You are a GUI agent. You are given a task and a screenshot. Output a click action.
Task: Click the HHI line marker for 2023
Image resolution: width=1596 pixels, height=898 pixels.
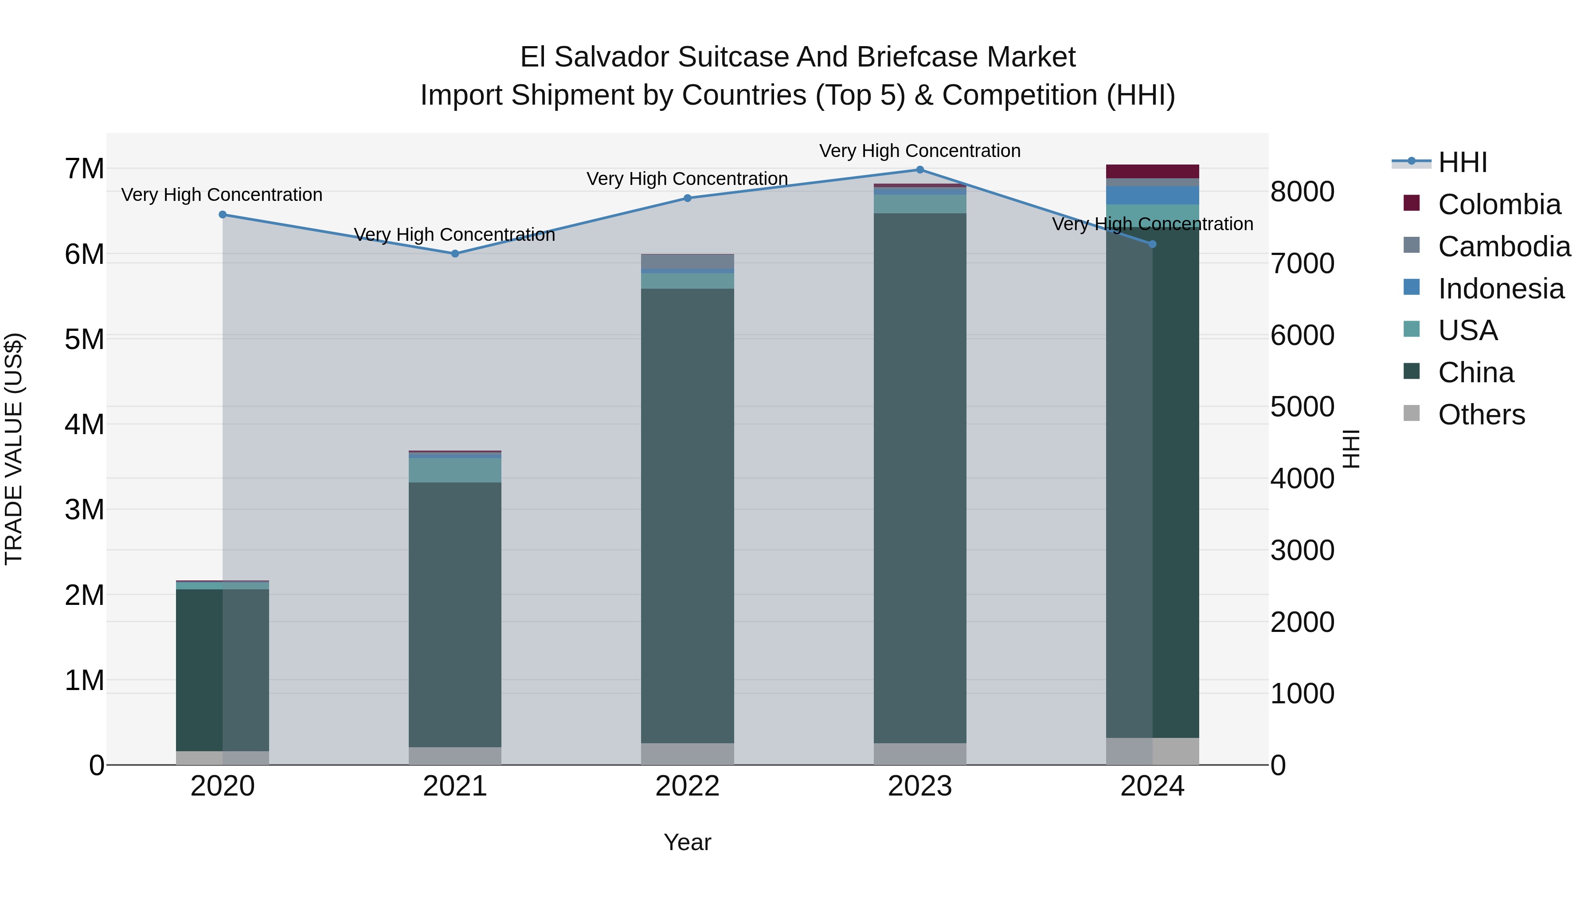pyautogui.click(x=919, y=170)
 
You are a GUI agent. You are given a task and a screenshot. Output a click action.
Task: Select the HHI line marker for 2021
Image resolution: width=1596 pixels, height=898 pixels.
pyautogui.click(x=455, y=254)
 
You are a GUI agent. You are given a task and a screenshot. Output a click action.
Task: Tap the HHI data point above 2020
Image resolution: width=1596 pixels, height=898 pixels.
pyautogui.click(x=223, y=215)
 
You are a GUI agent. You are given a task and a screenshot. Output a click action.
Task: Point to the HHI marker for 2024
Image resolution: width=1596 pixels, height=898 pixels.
pyautogui.click(x=1152, y=244)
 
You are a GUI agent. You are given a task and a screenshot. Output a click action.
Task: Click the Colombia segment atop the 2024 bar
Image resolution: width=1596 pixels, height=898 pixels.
pyautogui.click(x=1152, y=172)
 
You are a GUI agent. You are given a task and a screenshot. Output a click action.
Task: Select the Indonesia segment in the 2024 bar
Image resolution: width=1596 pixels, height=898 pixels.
pyautogui.click(x=1152, y=195)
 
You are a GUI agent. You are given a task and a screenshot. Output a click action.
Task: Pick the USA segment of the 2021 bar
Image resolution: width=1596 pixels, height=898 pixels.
pyautogui.click(x=455, y=470)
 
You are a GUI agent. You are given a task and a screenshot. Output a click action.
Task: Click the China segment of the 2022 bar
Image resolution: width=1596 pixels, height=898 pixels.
pyautogui.click(x=687, y=514)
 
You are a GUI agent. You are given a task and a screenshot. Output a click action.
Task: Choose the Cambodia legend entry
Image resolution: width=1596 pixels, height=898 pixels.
pyautogui.click(x=1504, y=247)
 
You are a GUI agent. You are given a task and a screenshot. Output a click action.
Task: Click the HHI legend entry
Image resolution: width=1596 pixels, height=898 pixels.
pyautogui.click(x=1462, y=162)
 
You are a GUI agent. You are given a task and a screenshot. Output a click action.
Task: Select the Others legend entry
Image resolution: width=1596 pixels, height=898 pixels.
pyautogui.click(x=1481, y=415)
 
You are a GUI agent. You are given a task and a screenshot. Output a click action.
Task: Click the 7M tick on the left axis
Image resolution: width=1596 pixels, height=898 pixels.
pyautogui.click(x=84, y=169)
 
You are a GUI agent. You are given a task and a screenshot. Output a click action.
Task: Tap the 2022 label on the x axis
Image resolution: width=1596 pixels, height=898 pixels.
pyautogui.click(x=687, y=786)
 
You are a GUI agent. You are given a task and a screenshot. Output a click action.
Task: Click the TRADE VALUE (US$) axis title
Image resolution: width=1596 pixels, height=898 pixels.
pyautogui.click(x=14, y=449)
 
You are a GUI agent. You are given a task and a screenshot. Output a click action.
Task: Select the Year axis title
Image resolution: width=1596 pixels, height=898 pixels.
pyautogui.click(x=687, y=842)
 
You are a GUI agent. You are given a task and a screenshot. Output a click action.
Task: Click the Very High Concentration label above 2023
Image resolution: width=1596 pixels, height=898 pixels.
pyautogui.click(x=919, y=151)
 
